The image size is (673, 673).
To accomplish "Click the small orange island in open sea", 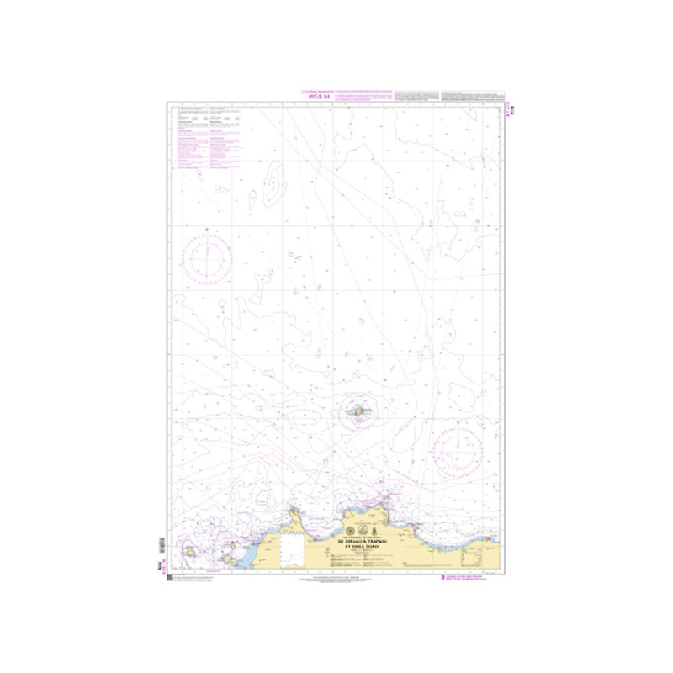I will pyautogui.click(x=358, y=412).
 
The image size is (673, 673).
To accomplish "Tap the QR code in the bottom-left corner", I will pyautogui.click(x=169, y=579).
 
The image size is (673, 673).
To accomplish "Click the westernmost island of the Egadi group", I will pyautogui.click(x=191, y=553).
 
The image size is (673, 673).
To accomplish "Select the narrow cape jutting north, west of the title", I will pyautogui.click(x=293, y=513).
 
